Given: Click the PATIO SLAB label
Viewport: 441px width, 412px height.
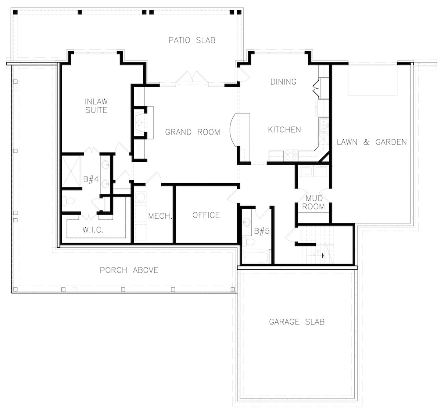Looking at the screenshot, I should [192, 40].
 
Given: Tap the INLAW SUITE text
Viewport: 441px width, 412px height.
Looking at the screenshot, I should [96, 105].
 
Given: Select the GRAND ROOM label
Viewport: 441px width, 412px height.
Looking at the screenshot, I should [192, 132].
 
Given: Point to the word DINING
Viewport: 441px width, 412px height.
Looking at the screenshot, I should [283, 82].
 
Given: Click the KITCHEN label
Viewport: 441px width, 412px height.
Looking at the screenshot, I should [284, 129].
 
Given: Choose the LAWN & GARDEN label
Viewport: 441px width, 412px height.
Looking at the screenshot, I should [372, 142].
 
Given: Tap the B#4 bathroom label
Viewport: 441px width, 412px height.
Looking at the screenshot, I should [90, 179].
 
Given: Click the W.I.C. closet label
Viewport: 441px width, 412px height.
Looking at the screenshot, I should [93, 230].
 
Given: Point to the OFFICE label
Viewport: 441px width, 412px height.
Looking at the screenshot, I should [206, 215].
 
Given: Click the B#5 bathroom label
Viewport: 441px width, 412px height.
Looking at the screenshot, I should [262, 231].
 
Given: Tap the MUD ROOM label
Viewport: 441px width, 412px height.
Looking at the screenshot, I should [313, 203].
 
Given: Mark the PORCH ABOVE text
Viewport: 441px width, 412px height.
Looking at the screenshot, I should [129, 271].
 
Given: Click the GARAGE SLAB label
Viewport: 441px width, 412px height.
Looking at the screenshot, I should [297, 322].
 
